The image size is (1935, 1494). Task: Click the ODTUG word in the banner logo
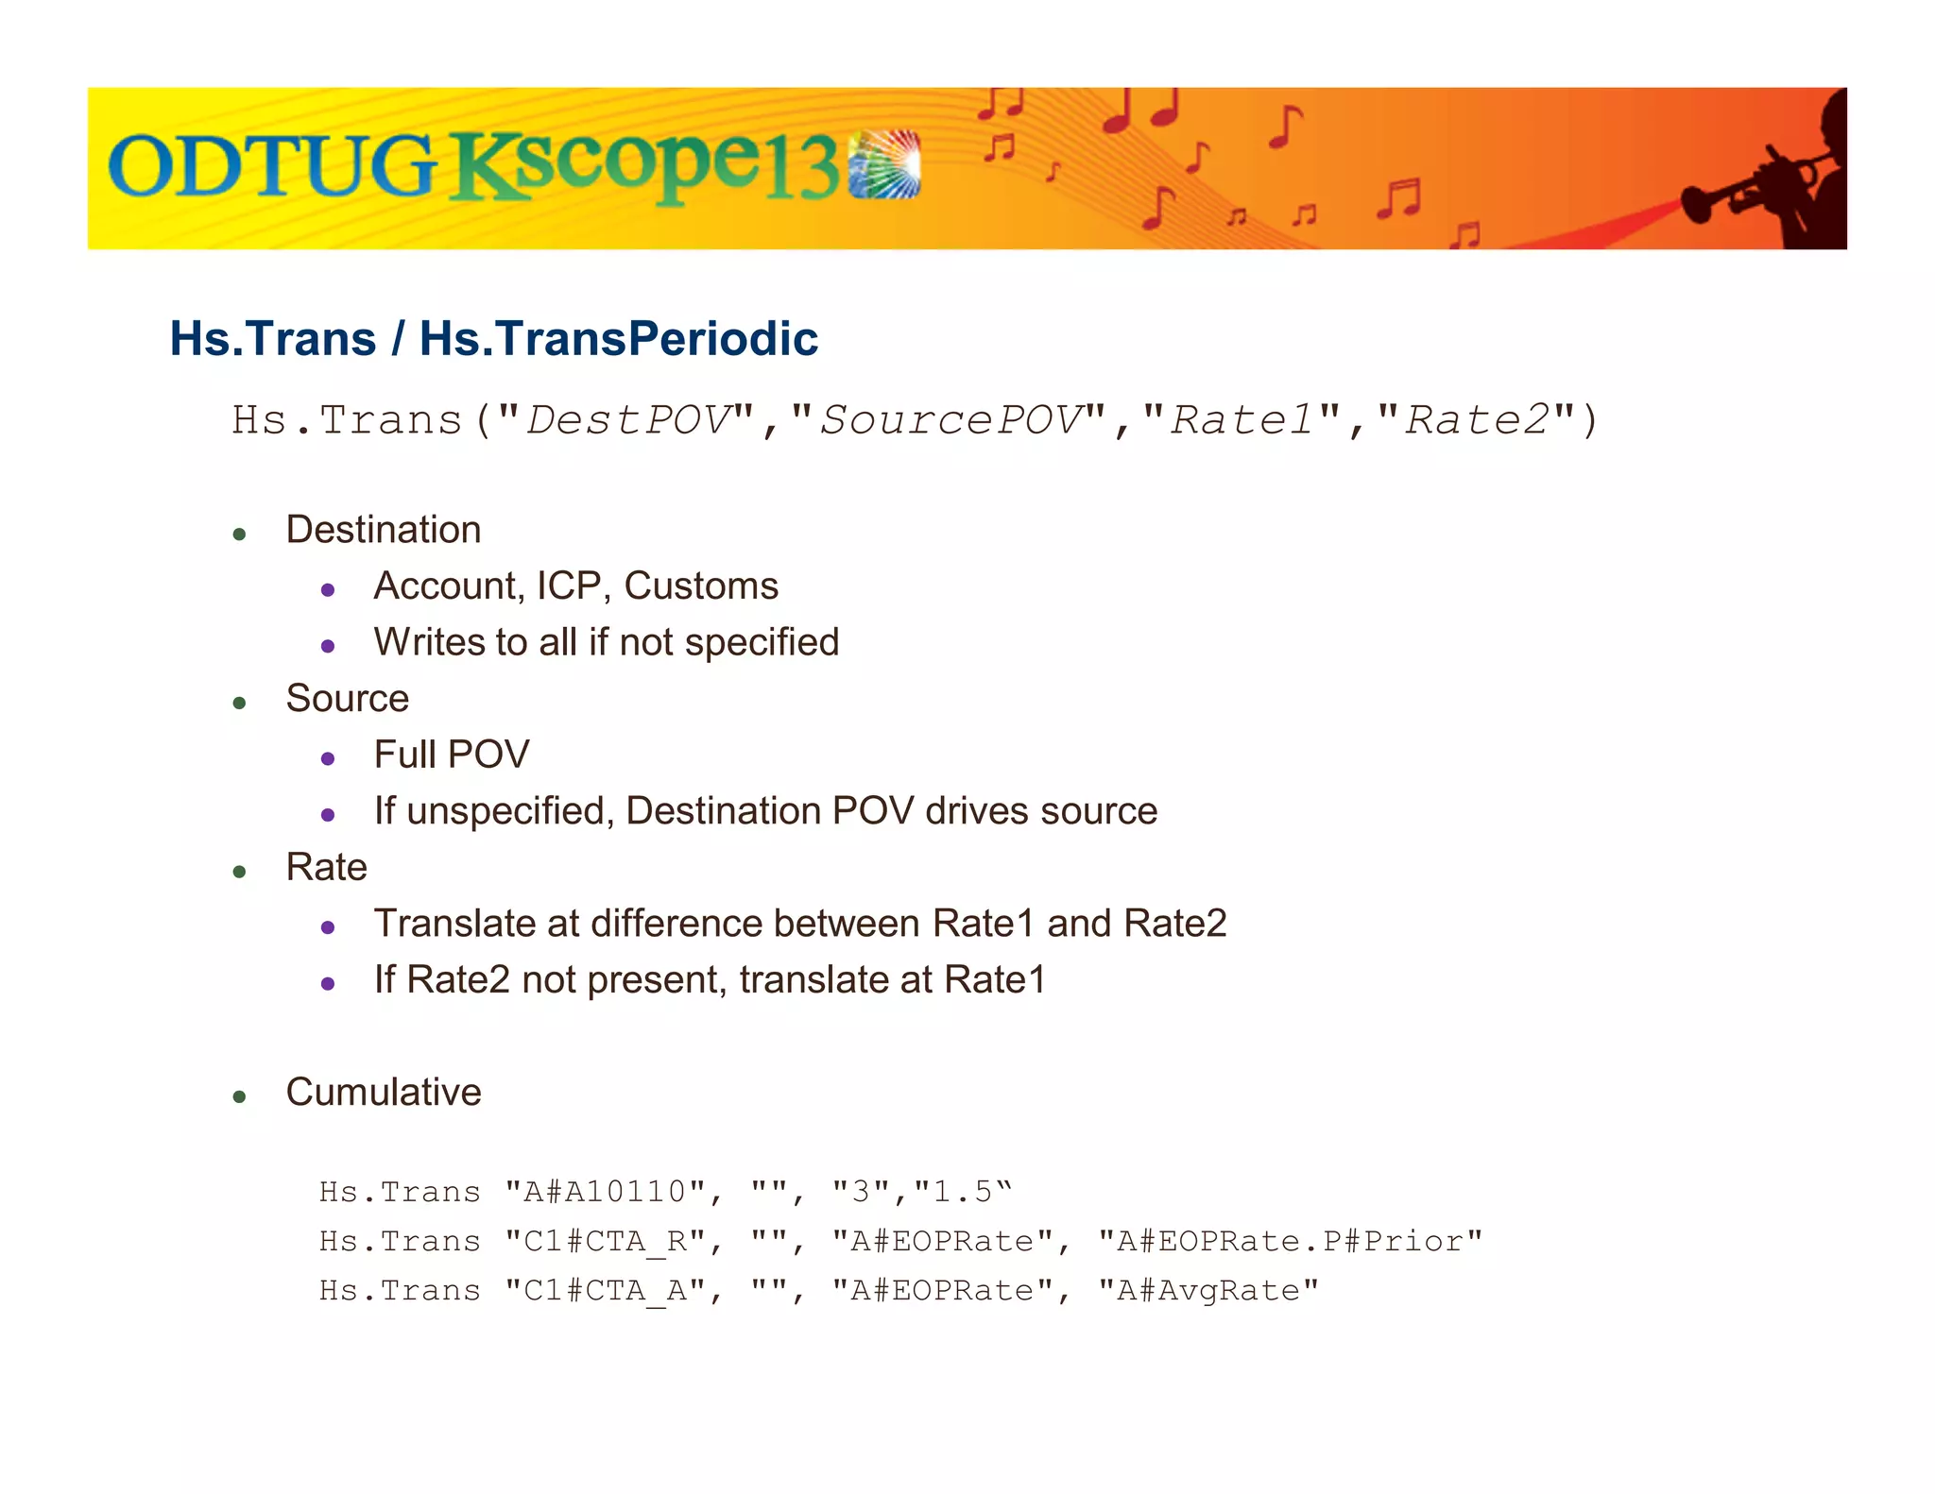[272, 166]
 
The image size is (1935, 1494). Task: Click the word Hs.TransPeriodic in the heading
[619, 338]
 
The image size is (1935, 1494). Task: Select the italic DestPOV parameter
[628, 420]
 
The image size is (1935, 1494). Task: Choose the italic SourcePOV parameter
[950, 420]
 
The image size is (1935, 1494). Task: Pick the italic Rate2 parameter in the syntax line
[1477, 420]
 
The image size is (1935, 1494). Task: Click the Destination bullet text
[384, 530]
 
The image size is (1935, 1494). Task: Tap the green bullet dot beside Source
[240, 704]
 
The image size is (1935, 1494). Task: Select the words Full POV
[452, 755]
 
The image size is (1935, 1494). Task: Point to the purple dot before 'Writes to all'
[328, 647]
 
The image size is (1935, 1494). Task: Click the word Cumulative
[384, 1093]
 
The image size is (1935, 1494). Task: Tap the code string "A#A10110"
[605, 1192]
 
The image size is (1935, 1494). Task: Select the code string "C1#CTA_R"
[605, 1241]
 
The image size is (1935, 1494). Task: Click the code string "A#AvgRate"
[1207, 1291]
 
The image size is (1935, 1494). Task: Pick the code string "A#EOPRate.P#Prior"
[1290, 1241]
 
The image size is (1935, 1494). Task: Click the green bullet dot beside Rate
[240, 872]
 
